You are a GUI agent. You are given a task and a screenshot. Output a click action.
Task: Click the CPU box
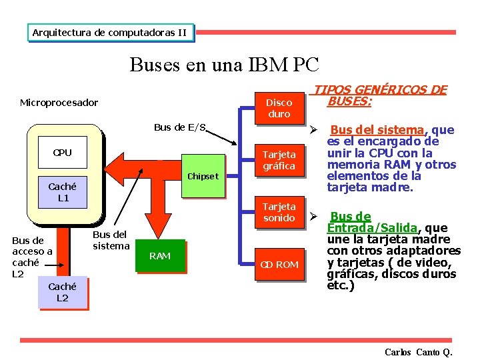(62, 153)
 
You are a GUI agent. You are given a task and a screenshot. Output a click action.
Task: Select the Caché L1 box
(63, 193)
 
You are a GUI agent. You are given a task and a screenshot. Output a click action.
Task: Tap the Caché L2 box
(62, 293)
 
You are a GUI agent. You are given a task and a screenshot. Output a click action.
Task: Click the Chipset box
(203, 177)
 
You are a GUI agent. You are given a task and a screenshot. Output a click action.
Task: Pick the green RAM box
(160, 256)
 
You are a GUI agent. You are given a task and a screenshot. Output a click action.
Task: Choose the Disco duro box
(279, 108)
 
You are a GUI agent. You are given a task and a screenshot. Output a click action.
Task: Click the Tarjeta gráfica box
(279, 160)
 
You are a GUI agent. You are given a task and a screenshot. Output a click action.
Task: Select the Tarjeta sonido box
(279, 213)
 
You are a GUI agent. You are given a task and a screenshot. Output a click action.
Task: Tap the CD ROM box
(279, 265)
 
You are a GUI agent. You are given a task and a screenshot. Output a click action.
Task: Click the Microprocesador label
(59, 103)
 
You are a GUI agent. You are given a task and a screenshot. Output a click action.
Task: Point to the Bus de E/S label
(180, 127)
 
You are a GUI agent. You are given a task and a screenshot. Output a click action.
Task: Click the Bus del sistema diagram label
(111, 240)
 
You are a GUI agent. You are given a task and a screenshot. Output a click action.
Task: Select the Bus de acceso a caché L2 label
(32, 257)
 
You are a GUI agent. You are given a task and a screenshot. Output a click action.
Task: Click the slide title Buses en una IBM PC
(225, 65)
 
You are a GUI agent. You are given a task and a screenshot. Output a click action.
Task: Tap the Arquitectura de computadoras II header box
(110, 32)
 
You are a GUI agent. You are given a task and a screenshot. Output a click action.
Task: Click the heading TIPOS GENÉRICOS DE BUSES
(380, 95)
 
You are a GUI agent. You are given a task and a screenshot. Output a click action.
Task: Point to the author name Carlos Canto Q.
(418, 352)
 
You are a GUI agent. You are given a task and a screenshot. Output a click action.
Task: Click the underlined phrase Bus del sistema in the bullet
(377, 130)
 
